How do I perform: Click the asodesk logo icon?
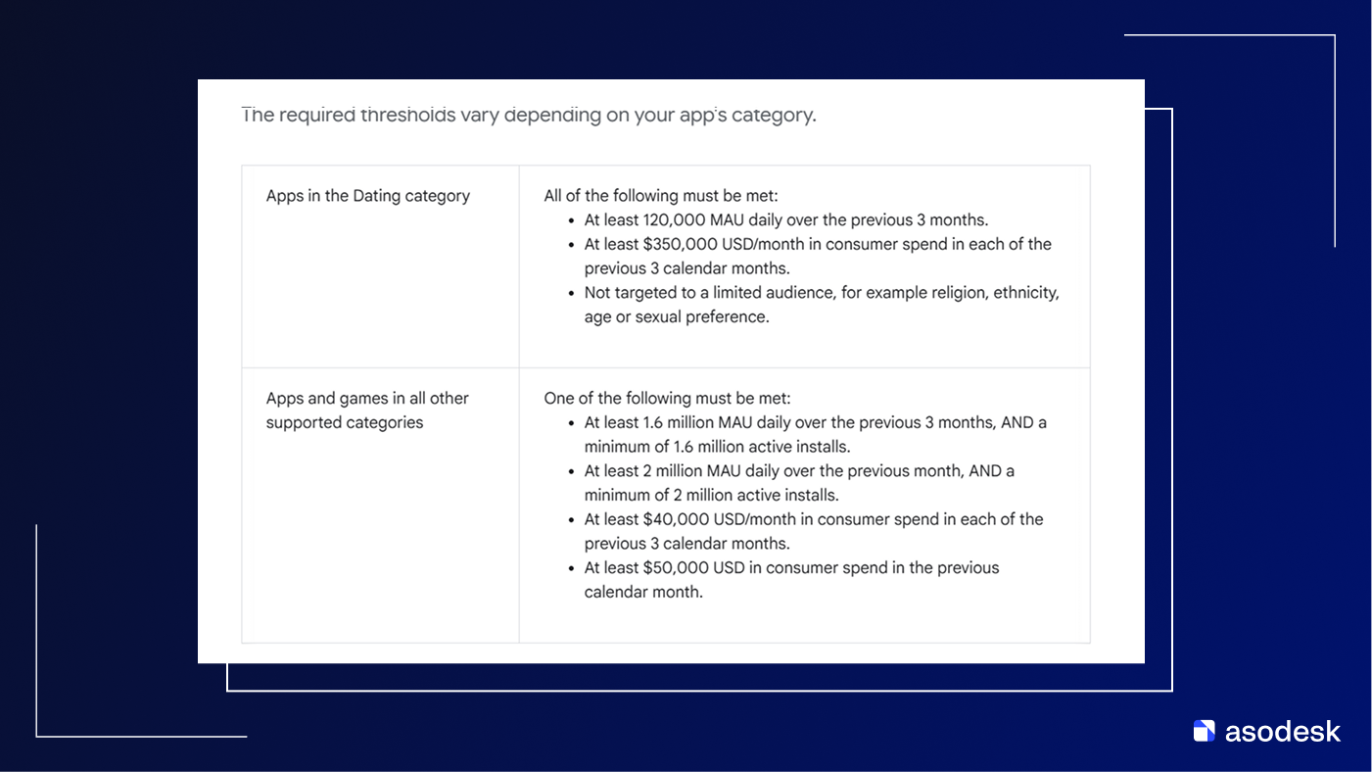[x=1204, y=731]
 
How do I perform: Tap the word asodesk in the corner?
[x=1282, y=731]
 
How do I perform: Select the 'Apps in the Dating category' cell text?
[x=368, y=196]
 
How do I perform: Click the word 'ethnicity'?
[x=1026, y=293]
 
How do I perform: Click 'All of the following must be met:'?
[x=661, y=196]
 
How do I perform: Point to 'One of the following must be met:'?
[x=667, y=399]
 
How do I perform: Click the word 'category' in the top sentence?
[x=776, y=116]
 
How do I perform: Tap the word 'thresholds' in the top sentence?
[x=407, y=116]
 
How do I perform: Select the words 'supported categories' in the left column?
[x=345, y=423]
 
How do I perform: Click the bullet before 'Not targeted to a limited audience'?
[x=572, y=294]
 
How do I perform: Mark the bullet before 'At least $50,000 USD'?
[x=572, y=569]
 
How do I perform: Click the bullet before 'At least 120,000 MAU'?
[x=572, y=221]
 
